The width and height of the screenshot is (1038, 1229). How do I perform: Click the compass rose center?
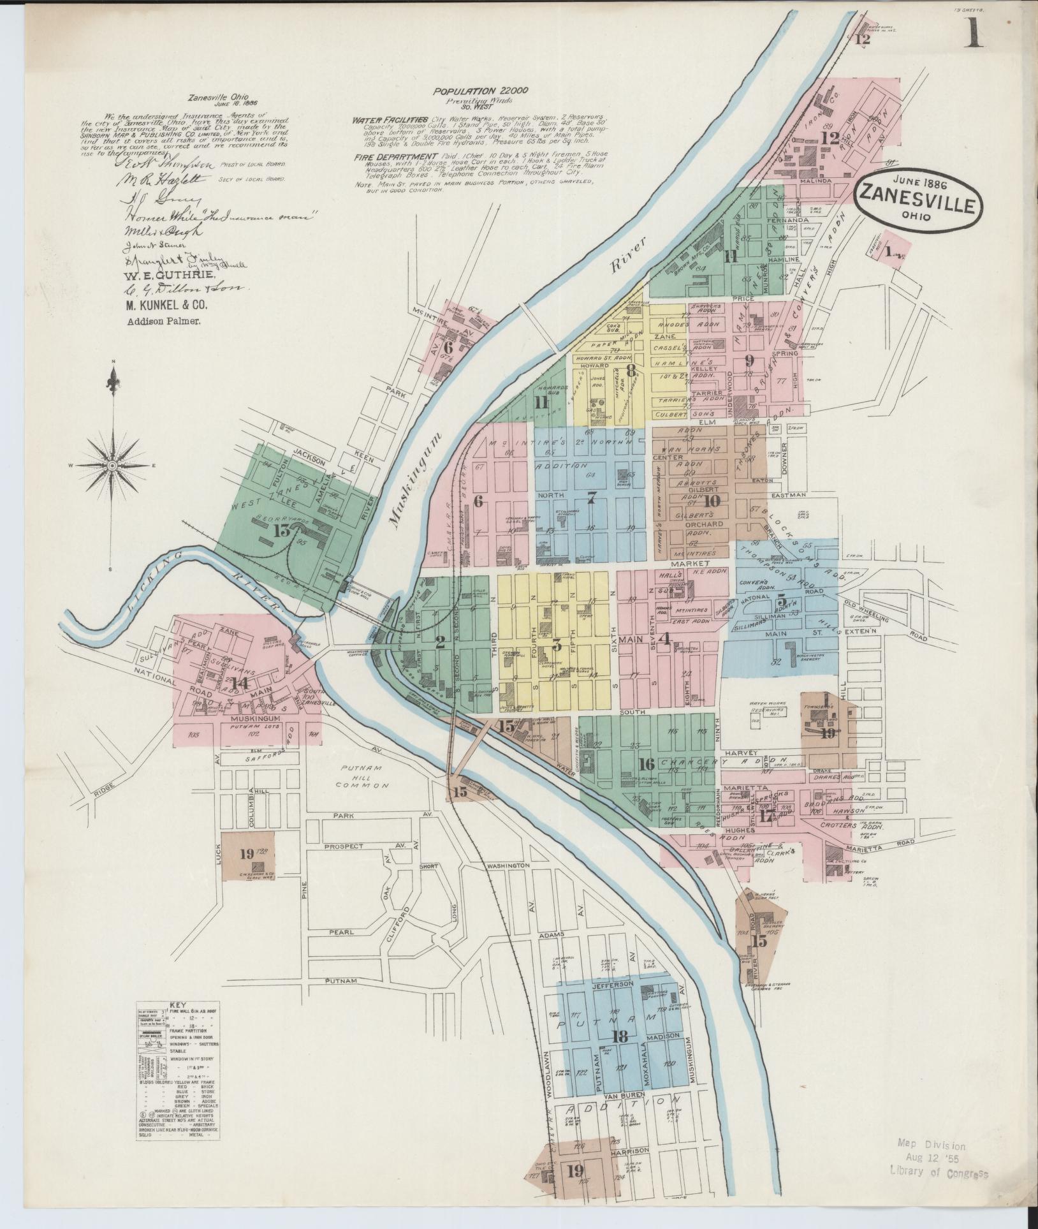[x=113, y=466]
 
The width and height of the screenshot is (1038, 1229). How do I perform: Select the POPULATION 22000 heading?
[x=481, y=91]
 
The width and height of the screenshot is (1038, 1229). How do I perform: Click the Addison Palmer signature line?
[x=164, y=322]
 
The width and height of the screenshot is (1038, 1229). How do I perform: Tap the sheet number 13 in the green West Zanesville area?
[x=281, y=531]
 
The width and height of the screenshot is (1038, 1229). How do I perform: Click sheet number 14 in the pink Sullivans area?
[x=240, y=683]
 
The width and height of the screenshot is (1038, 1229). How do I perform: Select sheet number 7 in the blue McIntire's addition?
[x=591, y=499]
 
